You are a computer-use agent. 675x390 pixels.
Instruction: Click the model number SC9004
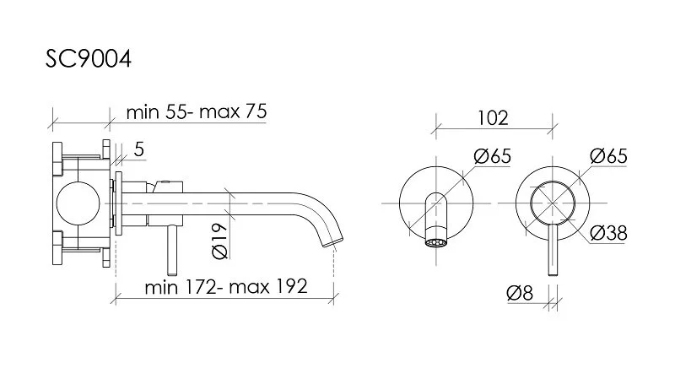(89, 58)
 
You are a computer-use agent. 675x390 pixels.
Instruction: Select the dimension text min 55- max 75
(197, 111)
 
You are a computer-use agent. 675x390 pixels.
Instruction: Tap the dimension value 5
(138, 149)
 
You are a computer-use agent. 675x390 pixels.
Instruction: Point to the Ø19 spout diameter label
(219, 241)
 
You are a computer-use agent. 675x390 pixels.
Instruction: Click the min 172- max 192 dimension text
(226, 287)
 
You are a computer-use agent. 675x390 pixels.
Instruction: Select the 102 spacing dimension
(493, 118)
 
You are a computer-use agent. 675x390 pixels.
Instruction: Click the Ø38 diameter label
(608, 233)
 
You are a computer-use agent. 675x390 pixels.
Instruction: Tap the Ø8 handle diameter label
(520, 293)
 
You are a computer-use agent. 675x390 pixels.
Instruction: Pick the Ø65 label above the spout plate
(493, 156)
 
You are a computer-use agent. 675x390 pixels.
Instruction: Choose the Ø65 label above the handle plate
(608, 156)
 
